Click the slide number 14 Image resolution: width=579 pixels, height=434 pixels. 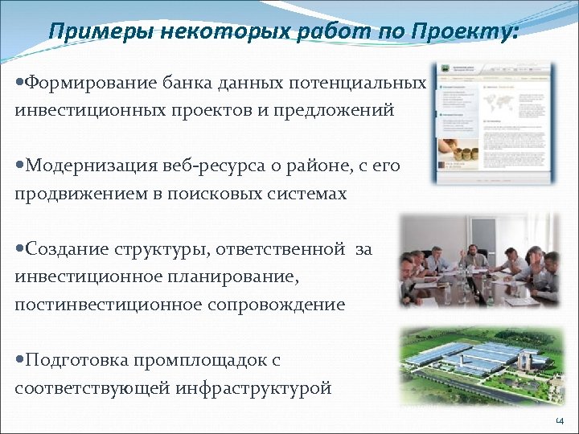(560, 421)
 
